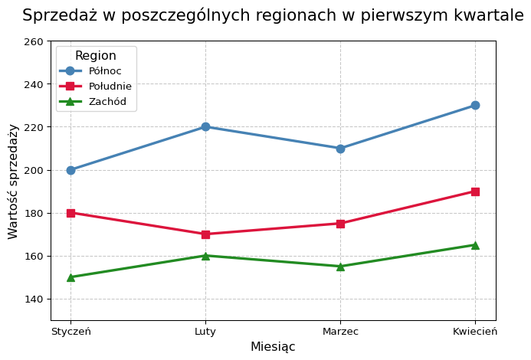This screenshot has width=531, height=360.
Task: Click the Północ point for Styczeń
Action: point(70,170)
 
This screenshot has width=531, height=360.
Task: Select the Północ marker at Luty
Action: point(205,127)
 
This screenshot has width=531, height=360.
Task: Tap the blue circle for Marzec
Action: point(340,149)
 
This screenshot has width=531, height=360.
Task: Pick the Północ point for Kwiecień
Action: point(475,106)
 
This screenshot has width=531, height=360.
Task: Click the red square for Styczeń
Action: point(70,213)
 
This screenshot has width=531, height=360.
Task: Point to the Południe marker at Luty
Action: point(205,234)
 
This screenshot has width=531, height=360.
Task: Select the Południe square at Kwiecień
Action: point(475,191)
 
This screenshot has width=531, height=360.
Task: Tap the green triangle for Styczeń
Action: point(70,277)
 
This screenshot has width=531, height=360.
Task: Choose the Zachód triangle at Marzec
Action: point(340,267)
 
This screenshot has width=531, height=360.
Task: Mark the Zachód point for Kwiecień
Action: point(475,245)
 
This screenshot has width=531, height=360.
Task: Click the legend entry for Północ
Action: point(105,71)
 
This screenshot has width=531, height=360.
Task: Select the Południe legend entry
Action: point(110,87)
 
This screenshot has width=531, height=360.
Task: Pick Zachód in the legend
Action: point(107,102)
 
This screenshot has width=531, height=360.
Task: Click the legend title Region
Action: point(96,56)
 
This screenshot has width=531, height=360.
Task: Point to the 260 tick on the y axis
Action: point(34,41)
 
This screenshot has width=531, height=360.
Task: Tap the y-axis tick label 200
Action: point(34,170)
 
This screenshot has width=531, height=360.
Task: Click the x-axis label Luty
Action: point(205,332)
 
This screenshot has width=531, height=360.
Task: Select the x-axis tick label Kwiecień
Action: point(475,332)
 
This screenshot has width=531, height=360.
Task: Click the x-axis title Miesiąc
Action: point(273,347)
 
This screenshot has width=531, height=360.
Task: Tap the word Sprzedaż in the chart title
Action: point(55,16)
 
